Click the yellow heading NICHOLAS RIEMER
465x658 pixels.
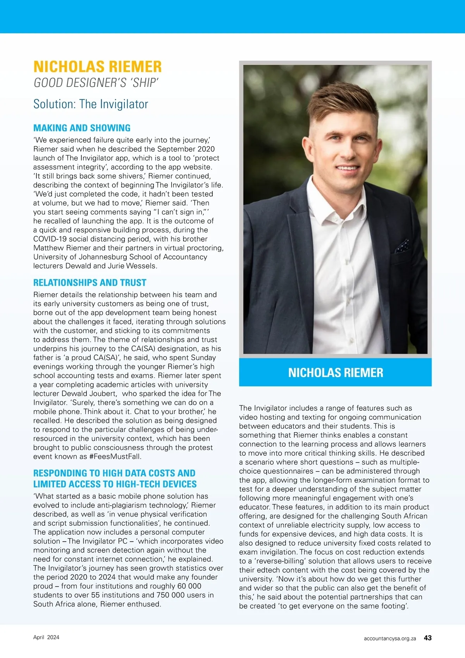pyautogui.click(x=97, y=67)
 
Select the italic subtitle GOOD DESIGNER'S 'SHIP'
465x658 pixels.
pyautogui.click(x=96, y=83)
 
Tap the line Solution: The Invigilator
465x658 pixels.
pyautogui.click(x=91, y=104)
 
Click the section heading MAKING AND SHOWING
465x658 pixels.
pyautogui.click(x=82, y=128)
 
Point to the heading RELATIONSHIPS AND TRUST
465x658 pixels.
pyautogui.click(x=90, y=282)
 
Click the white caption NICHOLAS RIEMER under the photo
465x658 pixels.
pyautogui.click(x=336, y=372)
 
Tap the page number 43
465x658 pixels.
pyautogui.click(x=428, y=638)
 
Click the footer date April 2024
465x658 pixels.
pyautogui.click(x=46, y=637)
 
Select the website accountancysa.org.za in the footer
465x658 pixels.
pyautogui.click(x=390, y=638)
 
